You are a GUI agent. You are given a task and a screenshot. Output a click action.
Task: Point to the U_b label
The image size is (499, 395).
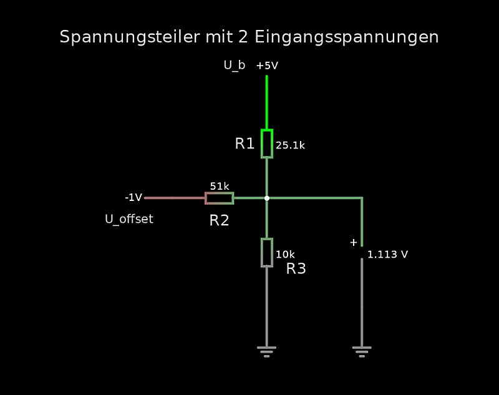234,65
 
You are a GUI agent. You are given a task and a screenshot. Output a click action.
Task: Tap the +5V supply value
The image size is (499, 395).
267,66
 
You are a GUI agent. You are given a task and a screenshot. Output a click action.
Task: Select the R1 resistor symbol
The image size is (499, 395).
266,144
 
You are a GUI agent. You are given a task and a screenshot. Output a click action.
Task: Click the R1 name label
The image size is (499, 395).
245,144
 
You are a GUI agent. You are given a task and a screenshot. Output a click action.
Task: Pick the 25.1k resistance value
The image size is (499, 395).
290,145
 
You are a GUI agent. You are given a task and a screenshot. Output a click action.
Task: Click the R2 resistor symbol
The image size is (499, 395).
219,198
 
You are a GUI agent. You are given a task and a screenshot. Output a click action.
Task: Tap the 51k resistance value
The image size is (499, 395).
220,186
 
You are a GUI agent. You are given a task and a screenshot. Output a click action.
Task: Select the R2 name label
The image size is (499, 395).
219,220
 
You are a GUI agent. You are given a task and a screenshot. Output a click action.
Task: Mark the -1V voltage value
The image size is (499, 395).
133,197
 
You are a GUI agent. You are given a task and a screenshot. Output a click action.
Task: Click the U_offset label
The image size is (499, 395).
129,220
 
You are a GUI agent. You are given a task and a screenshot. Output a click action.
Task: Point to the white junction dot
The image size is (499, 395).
267,198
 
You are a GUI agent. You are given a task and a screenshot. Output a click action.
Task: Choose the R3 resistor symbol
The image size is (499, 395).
266,252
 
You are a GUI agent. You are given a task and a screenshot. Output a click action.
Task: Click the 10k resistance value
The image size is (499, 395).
285,255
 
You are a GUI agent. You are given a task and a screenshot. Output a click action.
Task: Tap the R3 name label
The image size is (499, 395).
296,269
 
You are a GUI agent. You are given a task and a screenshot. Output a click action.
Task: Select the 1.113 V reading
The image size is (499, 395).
387,255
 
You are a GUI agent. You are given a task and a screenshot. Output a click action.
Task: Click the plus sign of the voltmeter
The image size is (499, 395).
354,242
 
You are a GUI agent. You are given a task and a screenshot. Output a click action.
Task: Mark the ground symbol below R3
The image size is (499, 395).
266,351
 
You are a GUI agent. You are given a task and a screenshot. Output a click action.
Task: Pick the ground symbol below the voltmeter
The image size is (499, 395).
362,351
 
